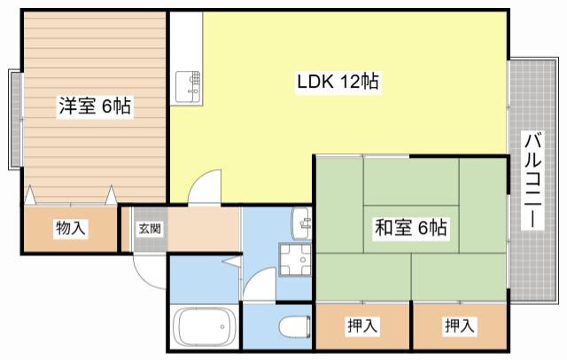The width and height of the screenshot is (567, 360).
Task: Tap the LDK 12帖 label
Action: point(338,82)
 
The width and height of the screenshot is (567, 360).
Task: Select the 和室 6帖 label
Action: point(410,229)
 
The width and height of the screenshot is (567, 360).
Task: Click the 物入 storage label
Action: point(71,229)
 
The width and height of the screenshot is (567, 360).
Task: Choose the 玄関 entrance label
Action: point(149,228)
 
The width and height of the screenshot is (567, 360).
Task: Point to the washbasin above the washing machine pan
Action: point(301,222)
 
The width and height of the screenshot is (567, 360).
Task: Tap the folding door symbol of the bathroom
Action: point(231,263)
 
